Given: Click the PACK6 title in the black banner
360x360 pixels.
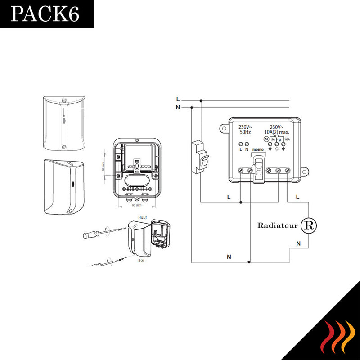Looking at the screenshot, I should [x=45, y=14].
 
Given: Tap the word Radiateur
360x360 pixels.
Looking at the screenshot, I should [x=278, y=225].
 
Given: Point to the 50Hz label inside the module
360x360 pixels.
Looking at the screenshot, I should [x=245, y=133].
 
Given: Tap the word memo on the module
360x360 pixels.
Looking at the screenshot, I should [x=258, y=149].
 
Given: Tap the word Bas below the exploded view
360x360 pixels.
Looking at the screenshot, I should [x=140, y=260].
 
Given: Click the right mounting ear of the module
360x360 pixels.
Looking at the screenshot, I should [x=305, y=172].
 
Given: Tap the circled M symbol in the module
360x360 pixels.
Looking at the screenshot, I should [x=266, y=140].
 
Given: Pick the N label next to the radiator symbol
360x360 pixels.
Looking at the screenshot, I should [x=298, y=243].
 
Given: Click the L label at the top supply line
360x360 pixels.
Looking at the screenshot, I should [x=178, y=99].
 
